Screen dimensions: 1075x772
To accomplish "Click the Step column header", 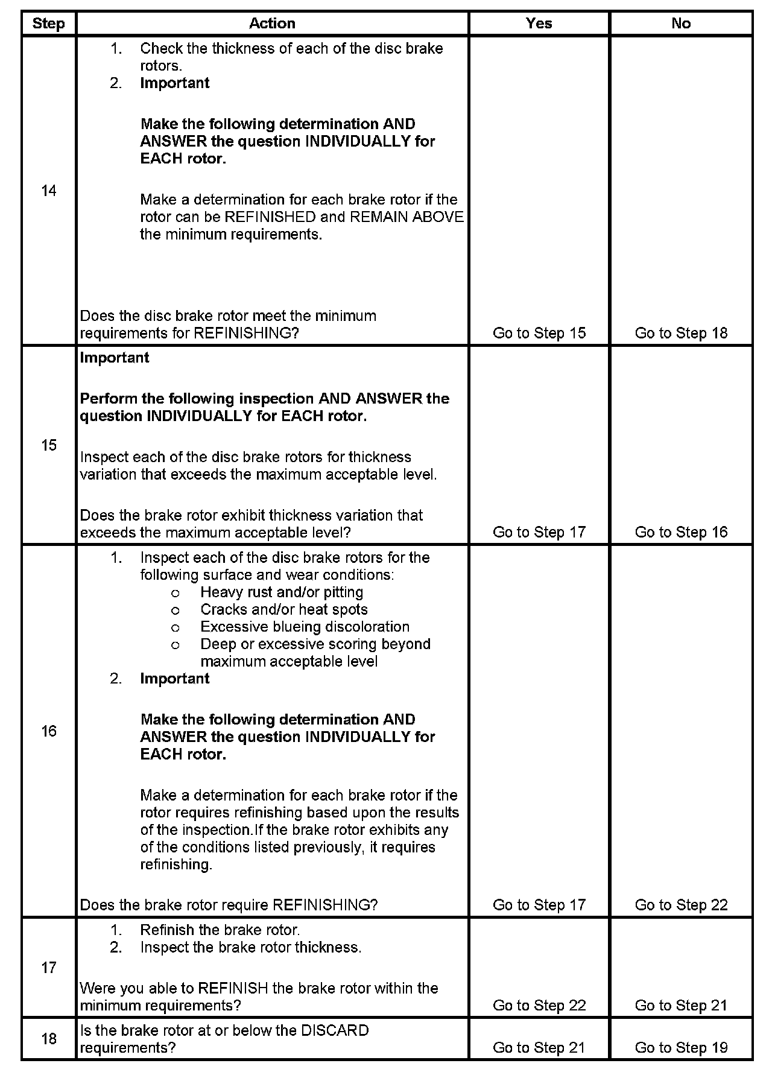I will pos(48,24).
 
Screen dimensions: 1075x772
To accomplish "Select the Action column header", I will pos(272,24).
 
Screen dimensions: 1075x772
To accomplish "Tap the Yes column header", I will pos(539,24).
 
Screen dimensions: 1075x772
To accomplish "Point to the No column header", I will pos(681,24).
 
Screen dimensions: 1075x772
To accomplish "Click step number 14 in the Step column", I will pos(48,191).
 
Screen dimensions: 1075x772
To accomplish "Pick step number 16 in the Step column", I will pos(48,732).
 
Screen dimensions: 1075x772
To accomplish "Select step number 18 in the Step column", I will pos(48,1038).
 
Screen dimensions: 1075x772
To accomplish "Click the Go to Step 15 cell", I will pos(539,333).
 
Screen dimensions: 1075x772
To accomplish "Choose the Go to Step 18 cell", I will pos(681,333).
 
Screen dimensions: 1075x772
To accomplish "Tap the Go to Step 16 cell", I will pos(681,532).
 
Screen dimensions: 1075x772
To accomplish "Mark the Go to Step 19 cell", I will pos(681,1048).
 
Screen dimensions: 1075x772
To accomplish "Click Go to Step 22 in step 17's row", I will pos(539,1006).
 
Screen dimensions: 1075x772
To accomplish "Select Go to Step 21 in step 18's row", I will pos(539,1048).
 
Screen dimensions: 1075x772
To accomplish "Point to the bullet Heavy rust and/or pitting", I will pos(282,592).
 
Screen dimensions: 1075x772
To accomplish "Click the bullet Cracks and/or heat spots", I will pos(283,610).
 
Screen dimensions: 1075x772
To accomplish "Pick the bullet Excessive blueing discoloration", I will pos(305,627).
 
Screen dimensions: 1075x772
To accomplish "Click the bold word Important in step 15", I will pos(115,358).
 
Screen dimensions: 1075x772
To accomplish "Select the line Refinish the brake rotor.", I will pos(220,930).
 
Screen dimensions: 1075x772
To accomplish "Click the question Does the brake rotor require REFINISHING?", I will pos(229,905).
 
